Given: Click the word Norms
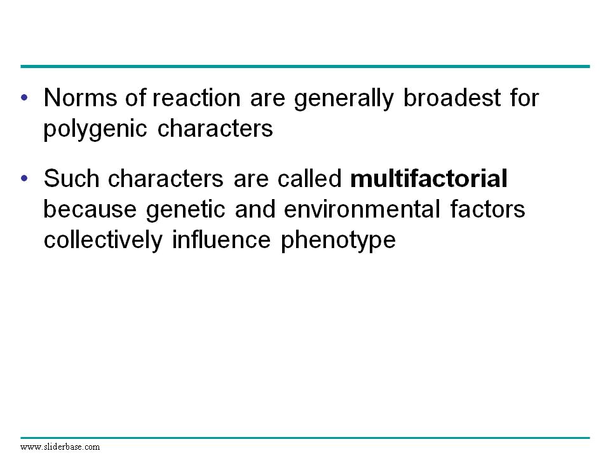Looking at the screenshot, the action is (x=80, y=97).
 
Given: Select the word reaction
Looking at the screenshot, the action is (x=196, y=98).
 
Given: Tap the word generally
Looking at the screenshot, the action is (x=344, y=99).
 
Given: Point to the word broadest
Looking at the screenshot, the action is (x=452, y=97).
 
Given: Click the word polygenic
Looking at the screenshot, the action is (x=95, y=130).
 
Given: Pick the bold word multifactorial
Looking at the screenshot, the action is (x=429, y=178).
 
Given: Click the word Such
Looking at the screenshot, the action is (x=72, y=178).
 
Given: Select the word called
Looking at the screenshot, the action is (x=309, y=178).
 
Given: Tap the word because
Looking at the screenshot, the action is (x=90, y=209).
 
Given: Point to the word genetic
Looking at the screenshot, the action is (x=186, y=211).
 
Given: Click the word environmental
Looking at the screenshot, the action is (x=362, y=209).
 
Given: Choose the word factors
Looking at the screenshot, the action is (x=487, y=209).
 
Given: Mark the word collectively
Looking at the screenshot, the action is (x=103, y=241).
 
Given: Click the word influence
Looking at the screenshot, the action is (x=221, y=240).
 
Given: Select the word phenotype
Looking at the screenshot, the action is (x=338, y=241).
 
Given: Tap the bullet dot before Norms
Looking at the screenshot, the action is (x=25, y=97).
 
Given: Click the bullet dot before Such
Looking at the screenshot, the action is (x=25, y=178).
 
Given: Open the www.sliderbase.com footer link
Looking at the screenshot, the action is (x=60, y=447).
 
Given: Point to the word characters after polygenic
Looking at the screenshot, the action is (x=215, y=128).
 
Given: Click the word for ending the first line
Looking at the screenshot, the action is (x=524, y=97).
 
